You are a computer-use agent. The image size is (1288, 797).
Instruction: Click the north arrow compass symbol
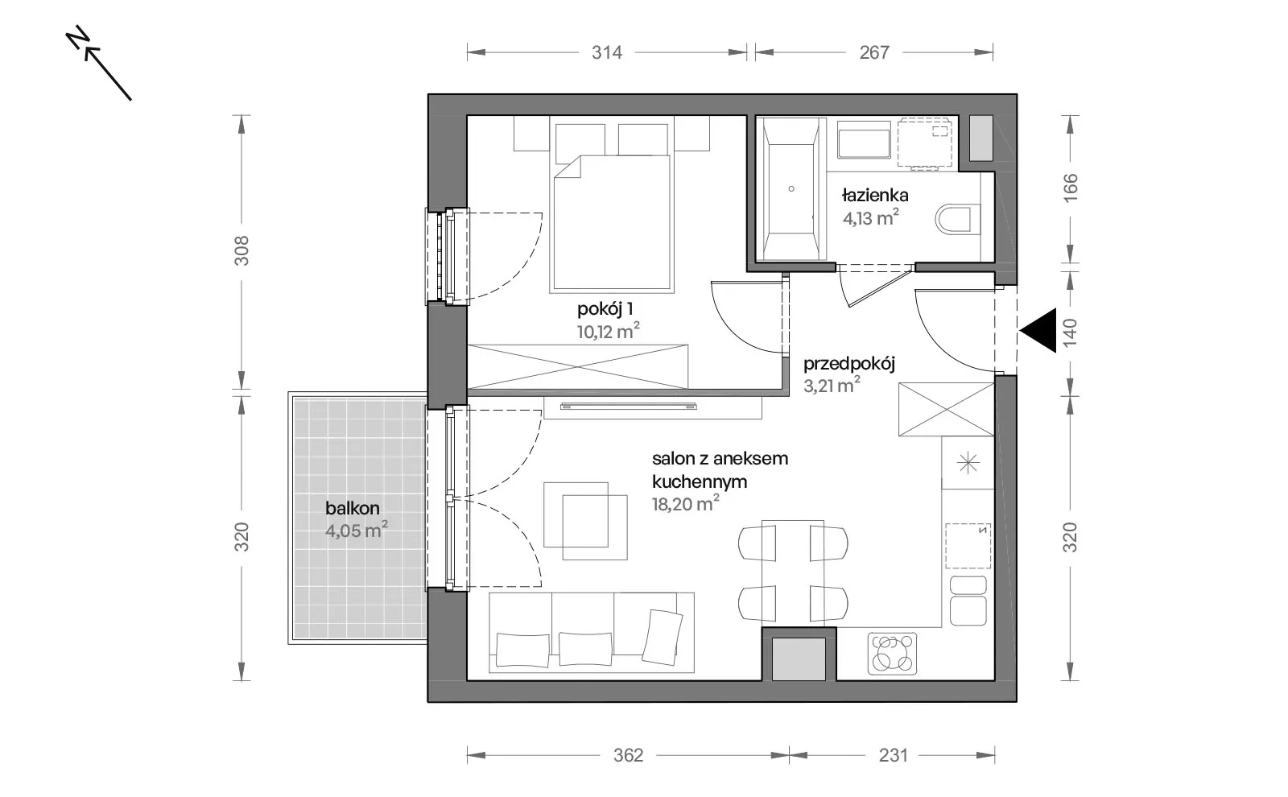pyautogui.click(x=98, y=64)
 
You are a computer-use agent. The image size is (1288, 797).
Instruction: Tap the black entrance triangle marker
pyautogui.click(x=1038, y=331)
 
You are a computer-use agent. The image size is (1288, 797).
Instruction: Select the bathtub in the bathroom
pyautogui.click(x=791, y=188)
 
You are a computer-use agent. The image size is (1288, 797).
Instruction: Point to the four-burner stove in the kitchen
pyautogui.click(x=892, y=653)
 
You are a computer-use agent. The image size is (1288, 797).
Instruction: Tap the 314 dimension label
pyautogui.click(x=607, y=53)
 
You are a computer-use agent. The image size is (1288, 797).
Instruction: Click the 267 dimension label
pyautogui.click(x=874, y=53)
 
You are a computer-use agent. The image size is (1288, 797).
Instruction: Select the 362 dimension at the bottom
pyautogui.click(x=628, y=755)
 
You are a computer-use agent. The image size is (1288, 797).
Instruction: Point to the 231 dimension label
pyautogui.click(x=893, y=755)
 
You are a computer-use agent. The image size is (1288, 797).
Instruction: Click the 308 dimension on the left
pyautogui.click(x=242, y=250)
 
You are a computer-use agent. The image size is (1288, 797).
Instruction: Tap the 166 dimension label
pyautogui.click(x=1070, y=188)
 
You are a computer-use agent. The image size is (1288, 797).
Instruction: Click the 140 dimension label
pyautogui.click(x=1070, y=332)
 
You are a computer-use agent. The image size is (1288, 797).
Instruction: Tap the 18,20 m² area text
pyautogui.click(x=685, y=504)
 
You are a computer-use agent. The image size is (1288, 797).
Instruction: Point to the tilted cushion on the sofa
pyautogui.click(x=663, y=637)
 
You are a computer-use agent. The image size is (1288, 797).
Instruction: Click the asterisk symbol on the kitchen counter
pyautogui.click(x=968, y=463)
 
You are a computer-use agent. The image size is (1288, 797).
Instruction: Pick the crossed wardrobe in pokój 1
pyautogui.click(x=577, y=366)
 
